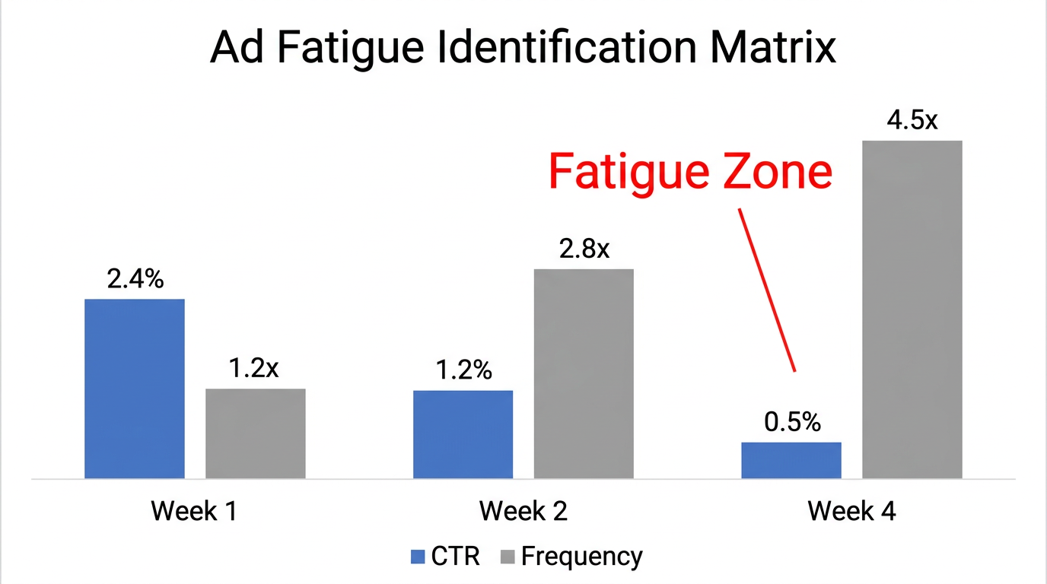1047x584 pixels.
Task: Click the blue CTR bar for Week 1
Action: (135, 389)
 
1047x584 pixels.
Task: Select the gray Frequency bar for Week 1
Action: (256, 433)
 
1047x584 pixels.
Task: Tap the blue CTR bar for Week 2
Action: (463, 434)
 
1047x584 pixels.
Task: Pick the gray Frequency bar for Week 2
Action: (584, 373)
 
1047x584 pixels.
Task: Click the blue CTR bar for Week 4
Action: (791, 460)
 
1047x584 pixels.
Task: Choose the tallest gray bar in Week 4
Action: (912, 309)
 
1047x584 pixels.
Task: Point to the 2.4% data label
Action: (135, 279)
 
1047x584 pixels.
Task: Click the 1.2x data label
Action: (254, 369)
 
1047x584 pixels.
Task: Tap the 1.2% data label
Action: (463, 370)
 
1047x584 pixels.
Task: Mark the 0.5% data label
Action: (793, 423)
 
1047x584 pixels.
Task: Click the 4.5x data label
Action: (912, 120)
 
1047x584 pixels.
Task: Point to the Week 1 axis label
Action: (194, 510)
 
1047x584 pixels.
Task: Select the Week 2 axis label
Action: (523, 510)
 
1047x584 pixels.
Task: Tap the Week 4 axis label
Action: (851, 510)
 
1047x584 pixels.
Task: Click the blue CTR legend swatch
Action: (417, 557)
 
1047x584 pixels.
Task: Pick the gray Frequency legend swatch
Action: (508, 557)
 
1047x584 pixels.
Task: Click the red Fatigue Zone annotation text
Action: (689, 172)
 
